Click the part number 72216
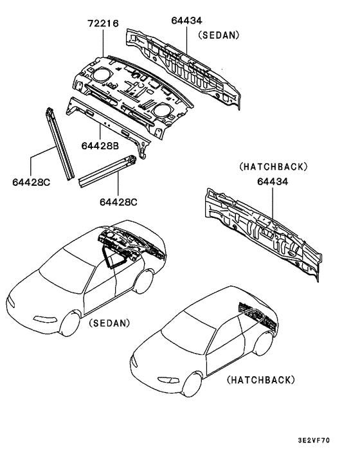pos(103,24)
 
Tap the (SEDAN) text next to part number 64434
pos(219,35)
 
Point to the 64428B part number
pos(100,147)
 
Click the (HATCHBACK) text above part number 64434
pos(273,167)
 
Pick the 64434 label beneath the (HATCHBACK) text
pos(273,182)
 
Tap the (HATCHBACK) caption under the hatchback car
pos(261,380)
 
